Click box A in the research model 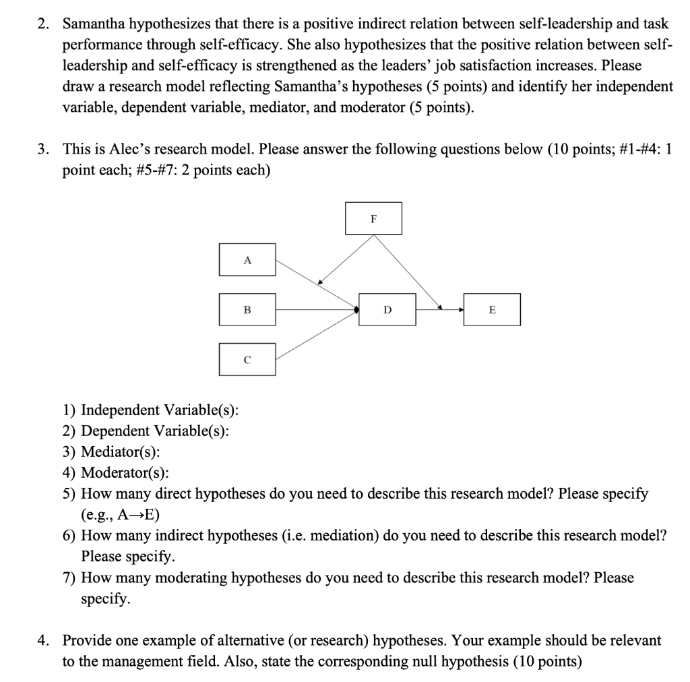point(247,259)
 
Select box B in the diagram point(247,310)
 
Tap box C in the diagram point(247,360)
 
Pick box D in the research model point(387,310)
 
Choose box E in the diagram point(492,310)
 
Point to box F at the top point(373,218)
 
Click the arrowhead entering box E point(461,310)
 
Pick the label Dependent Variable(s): point(154,431)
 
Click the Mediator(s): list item point(121,452)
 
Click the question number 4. point(42,640)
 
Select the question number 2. point(42,24)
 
